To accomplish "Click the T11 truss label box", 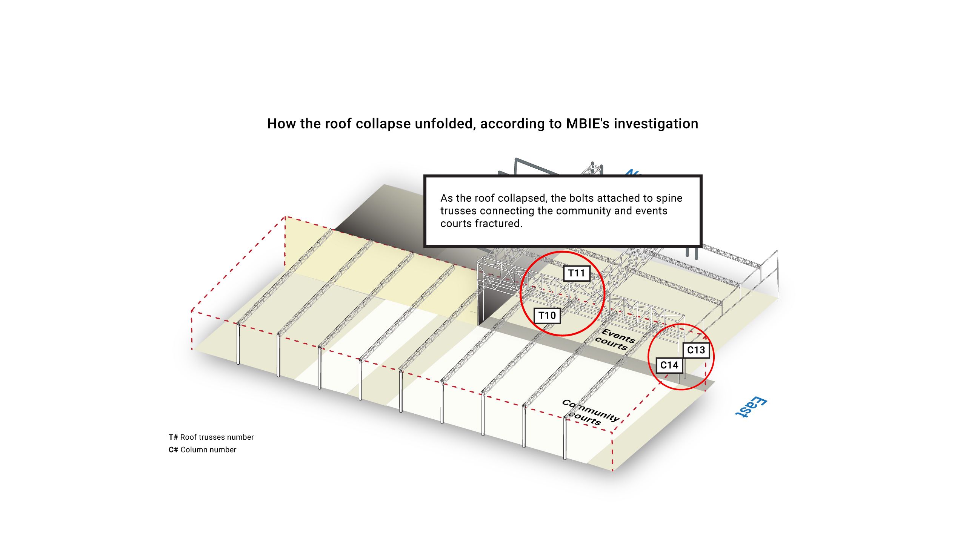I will (x=577, y=273).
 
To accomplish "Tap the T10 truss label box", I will (x=547, y=316).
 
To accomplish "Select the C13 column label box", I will (x=696, y=350).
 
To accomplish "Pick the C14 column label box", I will (x=669, y=365).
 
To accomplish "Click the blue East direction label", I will (x=751, y=407).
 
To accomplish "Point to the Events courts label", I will (x=615, y=339).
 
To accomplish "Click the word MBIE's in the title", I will (x=588, y=124).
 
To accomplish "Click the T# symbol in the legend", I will (x=173, y=437).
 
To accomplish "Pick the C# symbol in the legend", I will (x=173, y=449).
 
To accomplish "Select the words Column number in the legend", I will (x=208, y=449).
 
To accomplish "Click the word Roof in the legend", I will (x=189, y=437).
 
